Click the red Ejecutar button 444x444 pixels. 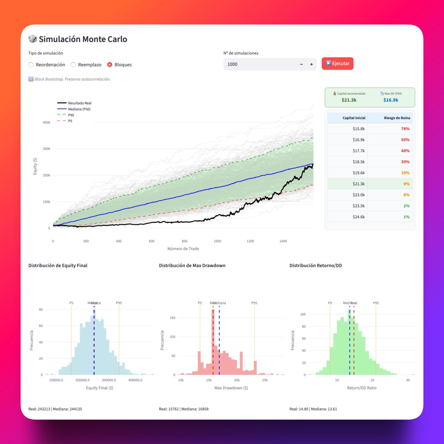pyautogui.click(x=337, y=64)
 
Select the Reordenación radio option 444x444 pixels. pyautogui.click(x=31, y=65)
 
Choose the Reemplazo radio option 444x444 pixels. pyautogui.click(x=73, y=65)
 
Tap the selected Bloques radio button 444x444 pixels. pyautogui.click(x=110, y=65)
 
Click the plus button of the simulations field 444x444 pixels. pyautogui.click(x=311, y=64)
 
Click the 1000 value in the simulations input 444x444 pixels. pyautogui.click(x=233, y=64)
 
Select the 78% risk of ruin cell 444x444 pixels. pyautogui.click(x=405, y=129)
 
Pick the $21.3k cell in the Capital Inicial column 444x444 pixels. pyautogui.click(x=359, y=184)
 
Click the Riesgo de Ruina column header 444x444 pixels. pyautogui.click(x=397, y=118)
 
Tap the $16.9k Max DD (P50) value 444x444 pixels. pyautogui.click(x=391, y=100)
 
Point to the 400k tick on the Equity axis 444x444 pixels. pyautogui.click(x=46, y=122)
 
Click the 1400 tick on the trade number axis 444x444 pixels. pyautogui.click(x=283, y=241)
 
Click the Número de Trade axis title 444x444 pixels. pyautogui.click(x=183, y=249)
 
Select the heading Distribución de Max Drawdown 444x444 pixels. pyautogui.click(x=192, y=266)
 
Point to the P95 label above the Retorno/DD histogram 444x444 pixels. pyautogui.click(x=376, y=303)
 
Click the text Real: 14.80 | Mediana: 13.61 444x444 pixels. pyautogui.click(x=313, y=409)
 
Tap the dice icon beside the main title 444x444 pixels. pyautogui.click(x=33, y=39)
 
